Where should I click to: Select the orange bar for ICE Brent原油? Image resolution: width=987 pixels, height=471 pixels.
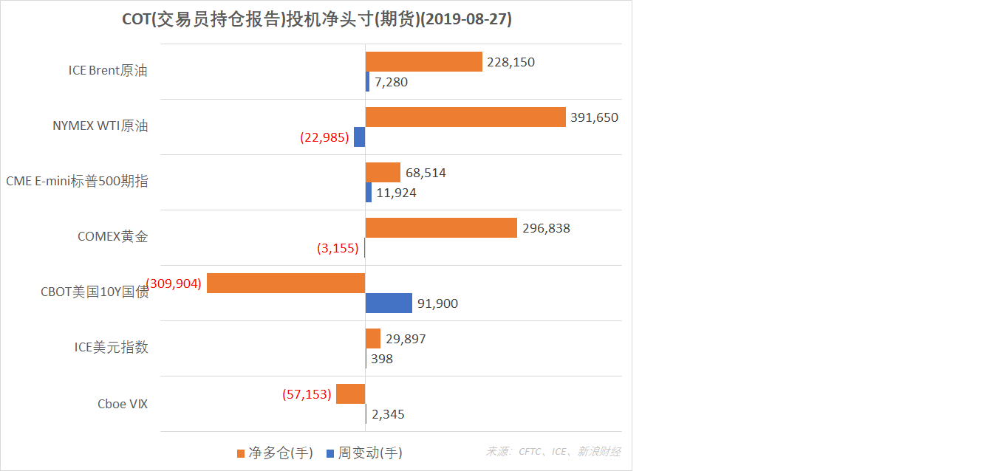[x=423, y=62]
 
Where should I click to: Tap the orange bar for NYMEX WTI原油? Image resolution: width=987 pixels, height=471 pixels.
[x=465, y=117]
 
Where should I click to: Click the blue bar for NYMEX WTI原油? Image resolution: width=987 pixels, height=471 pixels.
[x=360, y=137]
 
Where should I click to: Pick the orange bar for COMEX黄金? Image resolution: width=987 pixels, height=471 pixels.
[x=441, y=228]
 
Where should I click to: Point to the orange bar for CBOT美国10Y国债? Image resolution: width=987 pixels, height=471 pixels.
[x=286, y=283]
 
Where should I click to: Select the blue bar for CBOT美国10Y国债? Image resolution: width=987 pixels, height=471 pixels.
[x=389, y=303]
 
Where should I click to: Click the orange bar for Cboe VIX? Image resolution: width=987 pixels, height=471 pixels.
[x=351, y=394]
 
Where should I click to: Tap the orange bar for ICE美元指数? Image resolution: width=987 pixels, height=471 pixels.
[x=373, y=339]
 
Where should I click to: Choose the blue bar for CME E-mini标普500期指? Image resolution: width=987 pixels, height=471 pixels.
[x=369, y=193]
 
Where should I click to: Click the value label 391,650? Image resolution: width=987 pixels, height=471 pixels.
[x=594, y=117]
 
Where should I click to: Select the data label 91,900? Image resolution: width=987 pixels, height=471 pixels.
[x=437, y=303]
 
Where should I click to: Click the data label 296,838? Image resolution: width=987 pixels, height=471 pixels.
[x=546, y=228]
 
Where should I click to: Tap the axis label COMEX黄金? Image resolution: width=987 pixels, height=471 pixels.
[x=112, y=237]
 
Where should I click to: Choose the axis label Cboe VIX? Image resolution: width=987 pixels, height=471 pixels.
[x=123, y=404]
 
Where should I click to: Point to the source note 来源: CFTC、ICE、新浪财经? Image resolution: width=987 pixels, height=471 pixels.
[x=553, y=452]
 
